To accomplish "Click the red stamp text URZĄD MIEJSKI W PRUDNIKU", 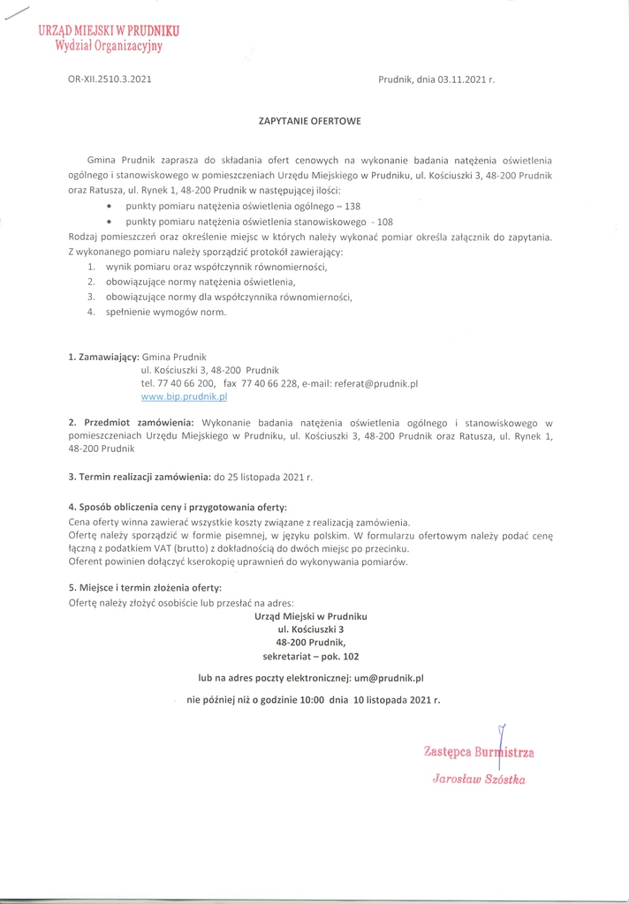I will (109, 30).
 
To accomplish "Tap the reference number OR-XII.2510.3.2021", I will (110, 79).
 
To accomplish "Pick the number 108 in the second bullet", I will (385, 222).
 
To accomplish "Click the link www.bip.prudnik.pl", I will (185, 398).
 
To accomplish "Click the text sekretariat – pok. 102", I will (311, 657).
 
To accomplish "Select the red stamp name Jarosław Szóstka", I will (479, 779).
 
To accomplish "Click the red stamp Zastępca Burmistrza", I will (479, 753).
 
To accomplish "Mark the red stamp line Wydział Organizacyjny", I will (109, 46).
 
